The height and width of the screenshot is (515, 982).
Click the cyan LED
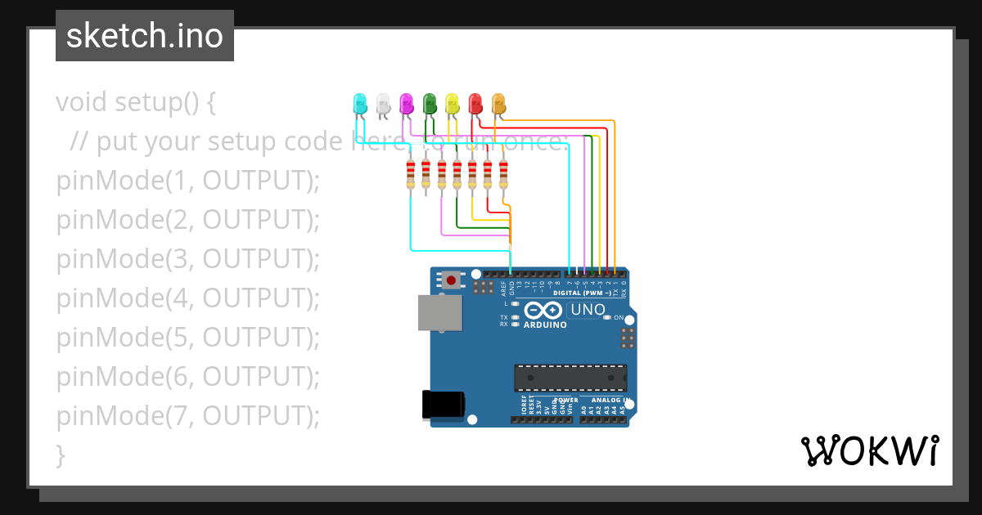coord(358,104)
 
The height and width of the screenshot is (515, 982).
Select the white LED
coord(382,104)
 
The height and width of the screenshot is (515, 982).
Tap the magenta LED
coord(405,104)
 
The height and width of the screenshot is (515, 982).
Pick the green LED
coord(429,104)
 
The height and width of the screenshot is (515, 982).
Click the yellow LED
coord(452,104)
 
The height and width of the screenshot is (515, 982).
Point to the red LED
coord(475,104)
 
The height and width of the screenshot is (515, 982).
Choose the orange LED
coord(498,104)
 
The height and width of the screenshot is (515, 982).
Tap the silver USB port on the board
coord(439,312)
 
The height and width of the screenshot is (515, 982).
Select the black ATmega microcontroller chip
coord(570,378)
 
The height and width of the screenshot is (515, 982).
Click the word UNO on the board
coord(588,310)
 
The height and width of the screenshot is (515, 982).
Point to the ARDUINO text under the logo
coord(545,325)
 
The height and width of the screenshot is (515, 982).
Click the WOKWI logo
coord(869,450)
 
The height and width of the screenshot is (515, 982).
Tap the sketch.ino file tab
coord(145,36)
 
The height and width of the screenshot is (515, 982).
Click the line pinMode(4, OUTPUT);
coord(187,298)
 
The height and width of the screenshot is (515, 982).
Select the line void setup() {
coord(136,102)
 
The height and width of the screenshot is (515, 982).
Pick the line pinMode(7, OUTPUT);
coord(187,416)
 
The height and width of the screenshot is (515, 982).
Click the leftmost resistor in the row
coord(410,175)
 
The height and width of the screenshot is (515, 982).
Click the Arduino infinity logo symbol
coord(543,311)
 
